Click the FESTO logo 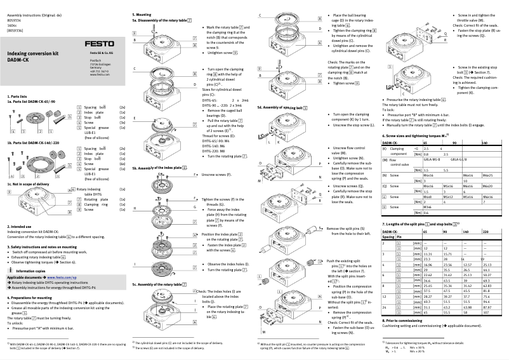point(100,43)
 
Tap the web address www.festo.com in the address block point(97,74)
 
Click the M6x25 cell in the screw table point(487,174)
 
